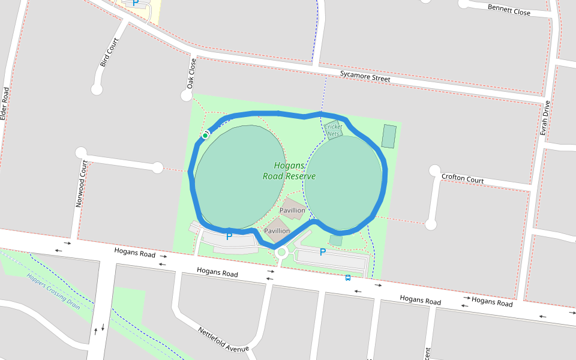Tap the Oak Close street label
tap(191, 74)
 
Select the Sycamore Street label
tap(365, 76)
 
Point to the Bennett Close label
tap(509, 10)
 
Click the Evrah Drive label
tap(545, 118)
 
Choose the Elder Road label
tap(5, 104)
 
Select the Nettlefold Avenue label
tap(223, 340)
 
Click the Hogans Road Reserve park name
tap(289, 171)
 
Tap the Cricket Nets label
tap(334, 130)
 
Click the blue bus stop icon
tap(348, 277)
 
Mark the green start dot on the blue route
tap(205, 136)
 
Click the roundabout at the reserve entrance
tap(281, 253)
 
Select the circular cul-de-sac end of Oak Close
tap(187, 95)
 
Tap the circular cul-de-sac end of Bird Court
tap(97, 89)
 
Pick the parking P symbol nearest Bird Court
tap(136, 3)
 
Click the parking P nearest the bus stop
tap(322, 253)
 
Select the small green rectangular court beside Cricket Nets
tap(389, 136)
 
